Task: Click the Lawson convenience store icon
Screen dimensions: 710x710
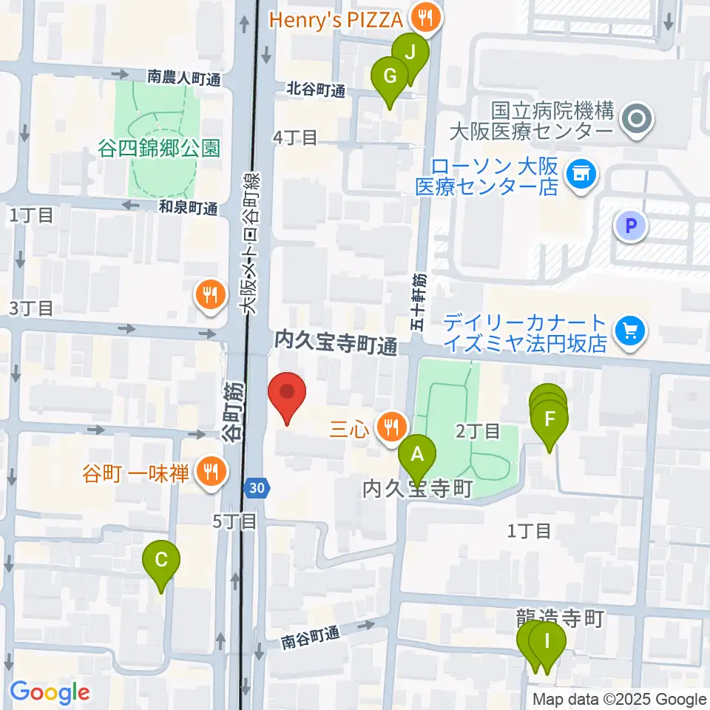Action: pos(581,175)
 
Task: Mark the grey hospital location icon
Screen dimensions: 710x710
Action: pos(635,118)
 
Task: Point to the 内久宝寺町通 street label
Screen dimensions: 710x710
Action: pos(337,342)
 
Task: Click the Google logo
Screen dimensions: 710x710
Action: pos(50,692)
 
